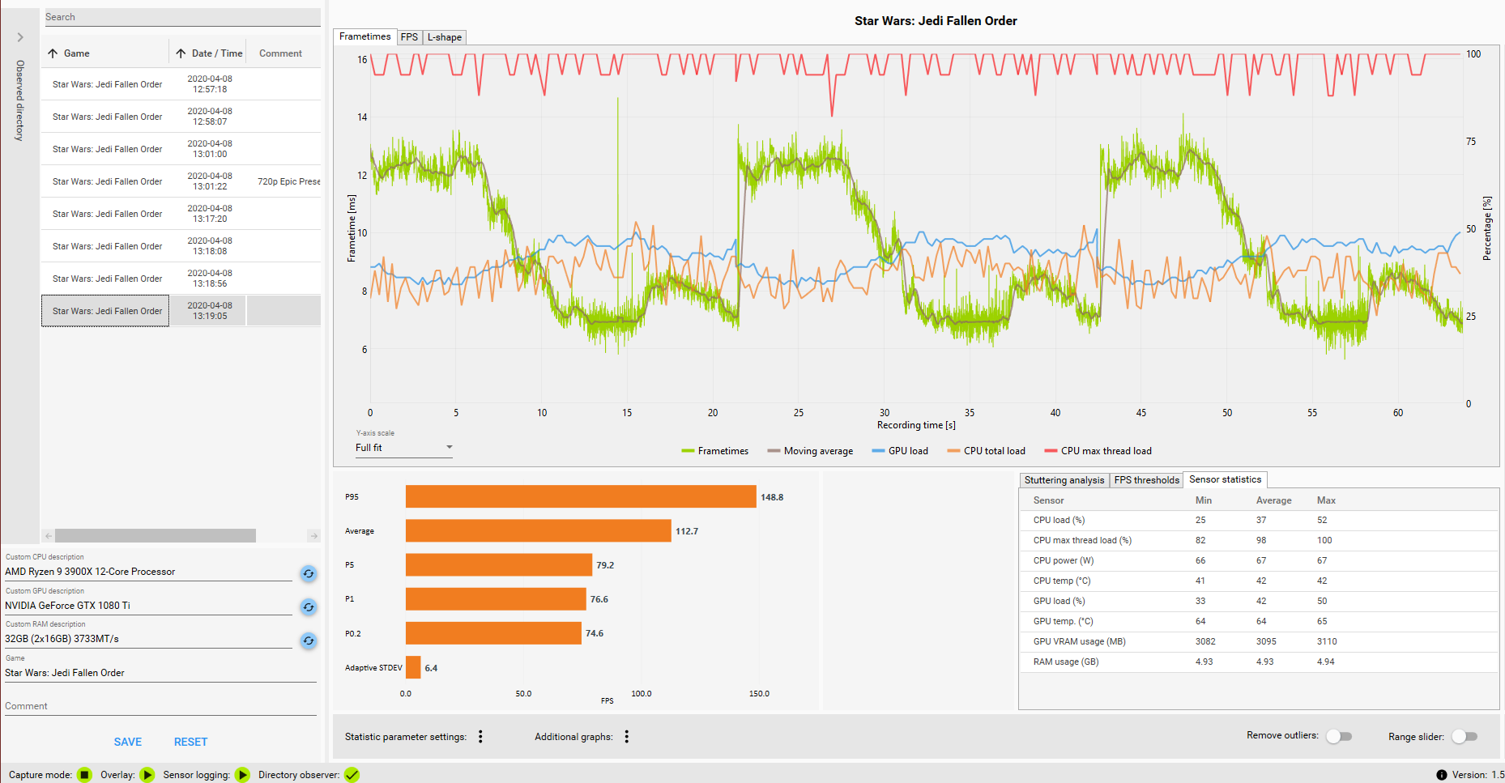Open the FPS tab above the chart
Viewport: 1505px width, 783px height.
409,37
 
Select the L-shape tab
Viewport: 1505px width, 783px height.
445,37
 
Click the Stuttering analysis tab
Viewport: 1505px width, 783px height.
1064,480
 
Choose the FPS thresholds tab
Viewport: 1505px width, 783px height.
1146,480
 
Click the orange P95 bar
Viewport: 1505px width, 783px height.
580,497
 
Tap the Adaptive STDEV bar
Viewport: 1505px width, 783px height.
413,668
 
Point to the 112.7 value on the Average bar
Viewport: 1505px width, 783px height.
687,531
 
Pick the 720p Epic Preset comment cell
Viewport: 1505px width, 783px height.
288,181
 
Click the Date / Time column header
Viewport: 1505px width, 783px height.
216,53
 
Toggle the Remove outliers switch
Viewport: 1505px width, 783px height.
1339,736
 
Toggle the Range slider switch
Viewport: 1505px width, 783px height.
1464,736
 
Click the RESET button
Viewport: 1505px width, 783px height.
190,742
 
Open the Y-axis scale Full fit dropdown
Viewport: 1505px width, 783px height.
403,448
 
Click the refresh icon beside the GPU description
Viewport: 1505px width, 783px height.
309,607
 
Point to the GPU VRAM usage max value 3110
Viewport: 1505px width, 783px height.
1327,641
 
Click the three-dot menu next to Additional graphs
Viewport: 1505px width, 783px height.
627,736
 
